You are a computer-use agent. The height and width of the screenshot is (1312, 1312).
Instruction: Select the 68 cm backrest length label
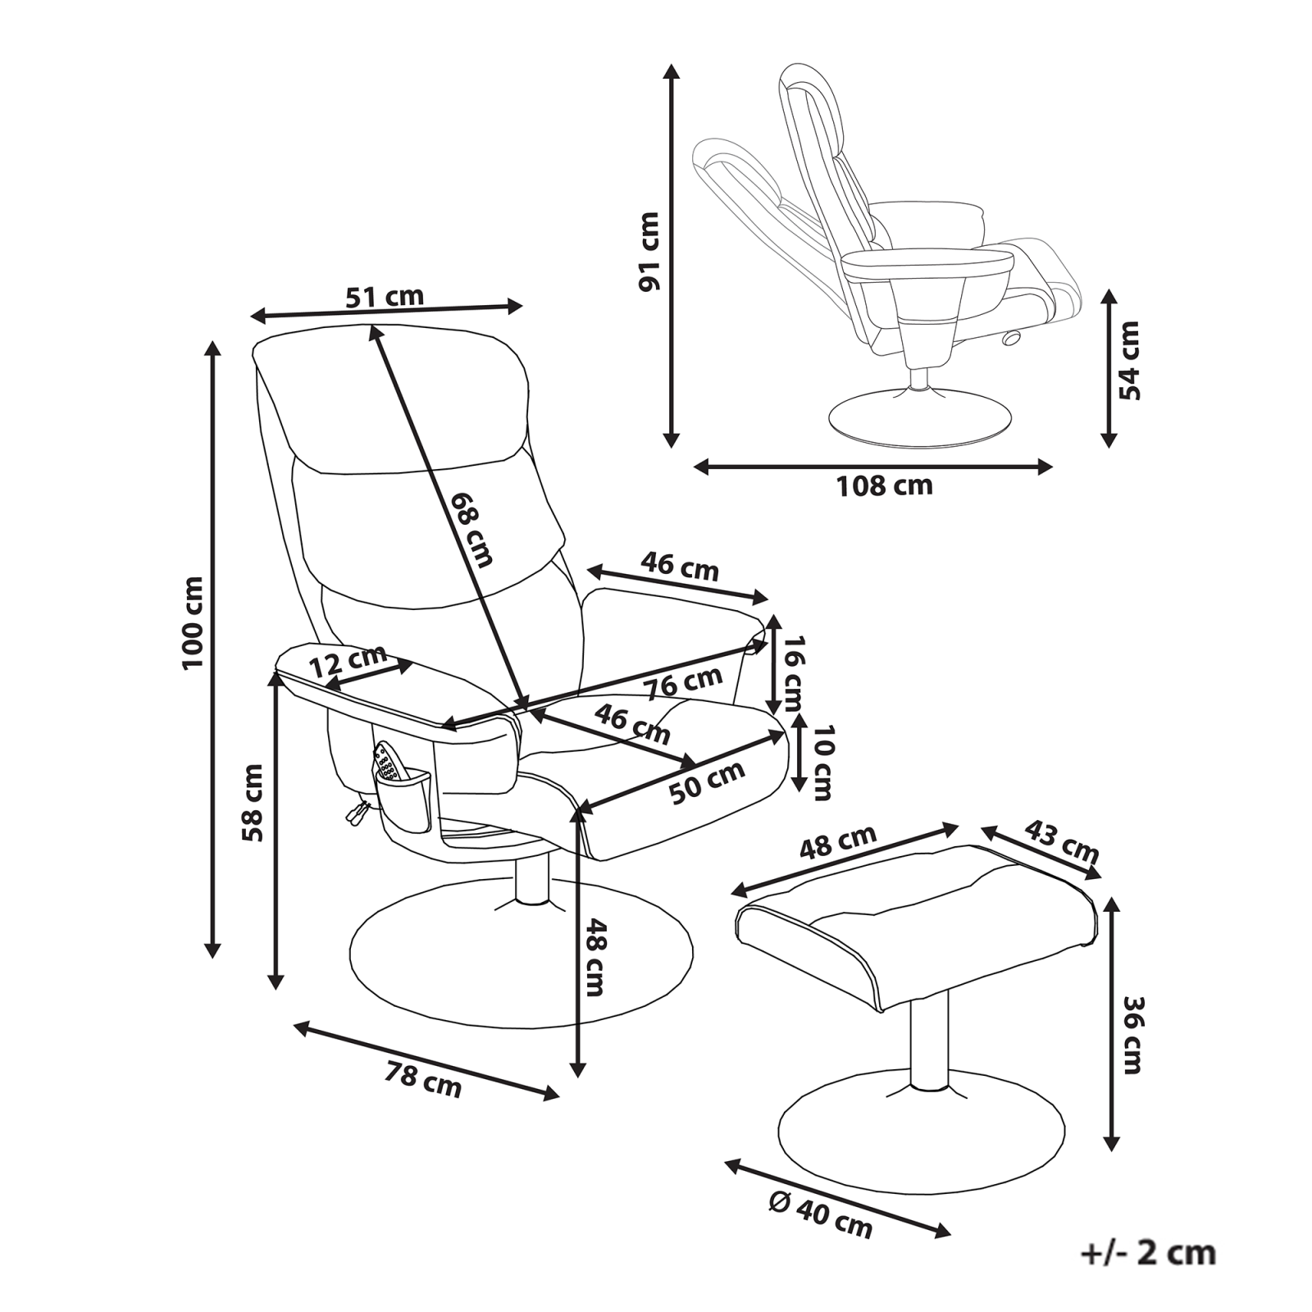click(x=472, y=530)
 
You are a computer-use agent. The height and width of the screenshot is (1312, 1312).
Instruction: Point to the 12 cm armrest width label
click(x=348, y=661)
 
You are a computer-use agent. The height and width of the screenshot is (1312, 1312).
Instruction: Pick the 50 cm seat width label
click(x=706, y=782)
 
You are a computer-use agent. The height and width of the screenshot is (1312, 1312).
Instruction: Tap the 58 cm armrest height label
click(x=253, y=803)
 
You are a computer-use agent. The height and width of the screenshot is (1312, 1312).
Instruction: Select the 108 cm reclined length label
click(x=884, y=486)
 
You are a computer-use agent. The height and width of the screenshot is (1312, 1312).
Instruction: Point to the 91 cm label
click(x=649, y=252)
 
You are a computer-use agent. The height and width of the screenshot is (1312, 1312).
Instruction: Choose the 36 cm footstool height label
click(x=1132, y=1035)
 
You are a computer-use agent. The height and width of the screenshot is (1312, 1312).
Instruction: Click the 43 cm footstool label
click(x=1062, y=841)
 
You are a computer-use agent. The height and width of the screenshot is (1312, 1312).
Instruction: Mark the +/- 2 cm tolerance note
click(x=1148, y=1254)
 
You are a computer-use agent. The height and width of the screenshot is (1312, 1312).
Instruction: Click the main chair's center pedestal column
click(x=533, y=877)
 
